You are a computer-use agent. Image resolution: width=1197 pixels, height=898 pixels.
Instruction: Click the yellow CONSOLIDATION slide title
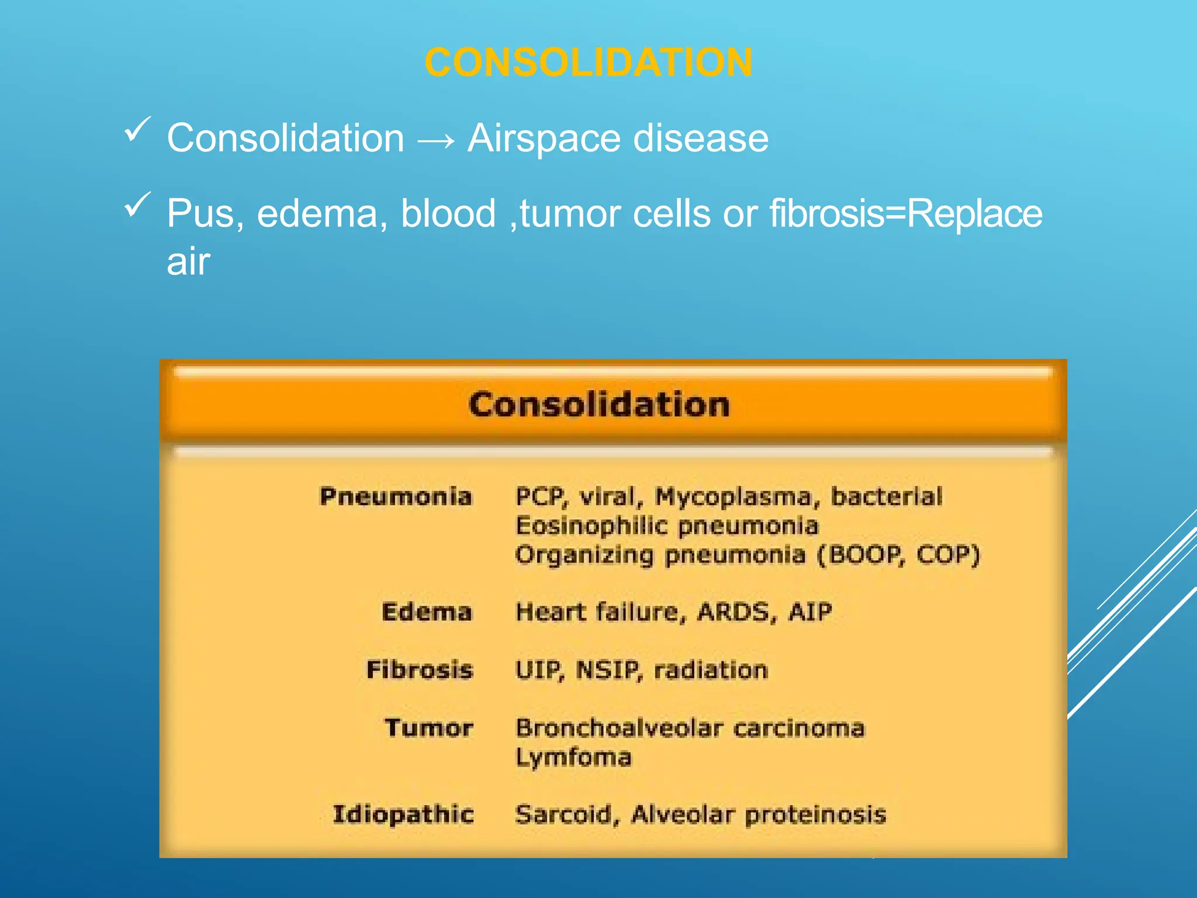[x=588, y=62]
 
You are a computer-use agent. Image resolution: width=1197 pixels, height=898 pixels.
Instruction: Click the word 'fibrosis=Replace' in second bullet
[x=905, y=213]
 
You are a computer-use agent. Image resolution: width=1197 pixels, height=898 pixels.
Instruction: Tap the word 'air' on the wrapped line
[x=188, y=261]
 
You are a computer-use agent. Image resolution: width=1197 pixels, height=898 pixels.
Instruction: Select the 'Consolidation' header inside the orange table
[x=599, y=405]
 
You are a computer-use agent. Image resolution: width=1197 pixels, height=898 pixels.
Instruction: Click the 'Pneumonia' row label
[x=396, y=496]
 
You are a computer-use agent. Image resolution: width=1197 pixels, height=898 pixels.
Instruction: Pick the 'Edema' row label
[x=427, y=612]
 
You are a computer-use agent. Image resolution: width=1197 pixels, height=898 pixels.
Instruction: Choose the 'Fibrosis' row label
[x=419, y=669]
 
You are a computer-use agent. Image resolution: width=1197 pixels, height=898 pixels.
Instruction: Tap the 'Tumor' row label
[x=428, y=728]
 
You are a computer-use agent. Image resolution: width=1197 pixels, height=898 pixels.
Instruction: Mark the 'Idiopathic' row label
[x=403, y=814]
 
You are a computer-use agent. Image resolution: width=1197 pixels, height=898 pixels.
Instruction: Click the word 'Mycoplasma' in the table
[x=734, y=497]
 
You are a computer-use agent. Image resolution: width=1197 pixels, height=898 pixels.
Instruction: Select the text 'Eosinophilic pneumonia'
[x=667, y=526]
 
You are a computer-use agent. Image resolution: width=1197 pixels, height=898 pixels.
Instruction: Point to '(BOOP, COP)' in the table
[x=898, y=554]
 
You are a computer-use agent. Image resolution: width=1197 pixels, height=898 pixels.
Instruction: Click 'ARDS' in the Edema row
[x=736, y=612]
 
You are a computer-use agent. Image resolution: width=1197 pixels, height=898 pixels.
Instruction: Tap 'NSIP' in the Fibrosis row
[x=609, y=670]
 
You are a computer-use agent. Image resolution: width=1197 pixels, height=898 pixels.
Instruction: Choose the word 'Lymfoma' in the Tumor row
[x=573, y=758]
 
